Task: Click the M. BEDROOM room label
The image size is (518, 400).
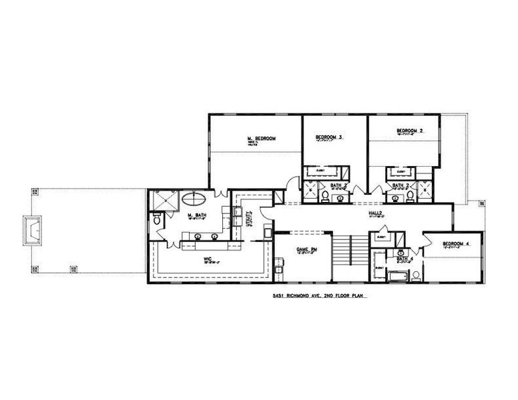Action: pyautogui.click(x=262, y=139)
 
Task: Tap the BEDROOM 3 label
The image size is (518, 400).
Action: pyautogui.click(x=329, y=137)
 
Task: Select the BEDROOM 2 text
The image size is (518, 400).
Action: pyautogui.click(x=409, y=131)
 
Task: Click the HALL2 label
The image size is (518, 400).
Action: pyautogui.click(x=375, y=214)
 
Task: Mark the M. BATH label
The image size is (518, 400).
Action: pyautogui.click(x=196, y=215)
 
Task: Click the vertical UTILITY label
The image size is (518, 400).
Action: pyautogui.click(x=248, y=219)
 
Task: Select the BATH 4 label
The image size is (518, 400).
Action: pyautogui.click(x=405, y=258)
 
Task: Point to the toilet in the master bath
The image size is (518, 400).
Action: pyautogui.click(x=156, y=219)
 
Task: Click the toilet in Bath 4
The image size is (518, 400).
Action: pyautogui.click(x=416, y=275)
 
